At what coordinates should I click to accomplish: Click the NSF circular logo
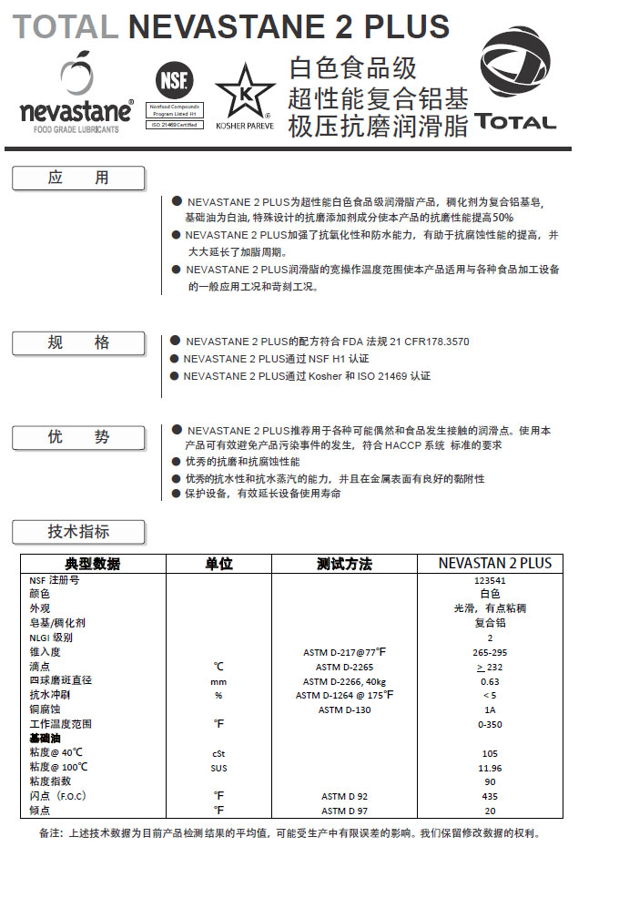[x=172, y=77]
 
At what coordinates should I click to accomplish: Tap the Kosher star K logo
[x=245, y=91]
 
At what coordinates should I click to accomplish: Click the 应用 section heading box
[x=78, y=179]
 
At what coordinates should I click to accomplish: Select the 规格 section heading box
[x=78, y=343]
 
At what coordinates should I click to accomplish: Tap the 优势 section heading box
[x=78, y=437]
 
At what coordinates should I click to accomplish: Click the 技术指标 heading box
[x=78, y=532]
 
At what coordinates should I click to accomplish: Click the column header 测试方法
[x=344, y=564]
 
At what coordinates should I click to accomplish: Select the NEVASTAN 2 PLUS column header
[x=494, y=563]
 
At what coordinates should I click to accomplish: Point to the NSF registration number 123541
[x=490, y=579]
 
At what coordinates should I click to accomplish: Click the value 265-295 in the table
[x=490, y=652]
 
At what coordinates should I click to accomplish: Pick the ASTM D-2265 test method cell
[x=344, y=667]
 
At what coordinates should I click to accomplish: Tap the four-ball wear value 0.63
[x=490, y=681]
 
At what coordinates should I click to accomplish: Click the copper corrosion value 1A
[x=490, y=709]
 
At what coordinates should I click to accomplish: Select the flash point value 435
[x=490, y=796]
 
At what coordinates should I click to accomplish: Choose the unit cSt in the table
[x=218, y=753]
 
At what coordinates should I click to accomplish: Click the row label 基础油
[x=46, y=738]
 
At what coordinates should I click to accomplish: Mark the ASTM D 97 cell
[x=344, y=811]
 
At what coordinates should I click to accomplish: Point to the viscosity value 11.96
[x=490, y=767]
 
